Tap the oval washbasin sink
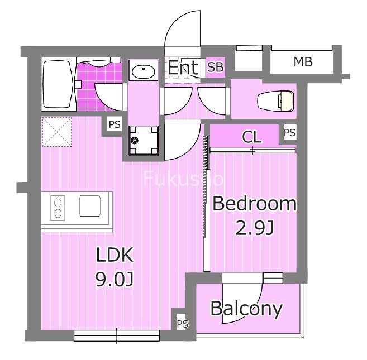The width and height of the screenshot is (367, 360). (144, 73)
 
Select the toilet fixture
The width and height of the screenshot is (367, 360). (275, 101)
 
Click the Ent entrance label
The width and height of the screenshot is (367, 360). (183, 68)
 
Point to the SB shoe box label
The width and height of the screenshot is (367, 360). (215, 68)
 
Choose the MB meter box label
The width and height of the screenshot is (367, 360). (303, 63)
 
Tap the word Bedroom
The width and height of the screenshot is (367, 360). (254, 204)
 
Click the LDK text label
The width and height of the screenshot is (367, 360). (115, 255)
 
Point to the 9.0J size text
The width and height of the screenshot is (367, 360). (115, 279)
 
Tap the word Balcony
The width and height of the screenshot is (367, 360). (246, 308)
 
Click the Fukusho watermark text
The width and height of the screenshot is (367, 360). (184, 179)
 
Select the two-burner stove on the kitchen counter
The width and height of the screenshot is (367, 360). (57, 207)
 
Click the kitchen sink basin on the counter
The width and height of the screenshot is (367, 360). (91, 206)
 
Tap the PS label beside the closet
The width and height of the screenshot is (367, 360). (289, 133)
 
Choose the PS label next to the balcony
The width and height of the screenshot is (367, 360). (182, 324)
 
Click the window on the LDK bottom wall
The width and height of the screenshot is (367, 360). (117, 335)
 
